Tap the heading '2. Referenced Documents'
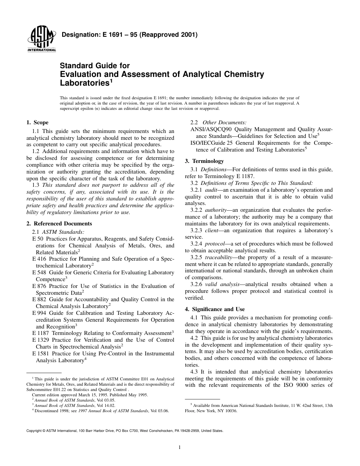(59, 224)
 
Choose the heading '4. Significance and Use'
(215, 309)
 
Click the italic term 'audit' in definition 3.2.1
(211, 190)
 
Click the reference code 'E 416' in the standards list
(40, 259)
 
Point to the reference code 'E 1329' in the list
(41, 340)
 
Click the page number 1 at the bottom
(180, 447)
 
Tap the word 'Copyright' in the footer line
(33, 431)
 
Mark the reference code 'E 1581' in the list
(41, 353)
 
